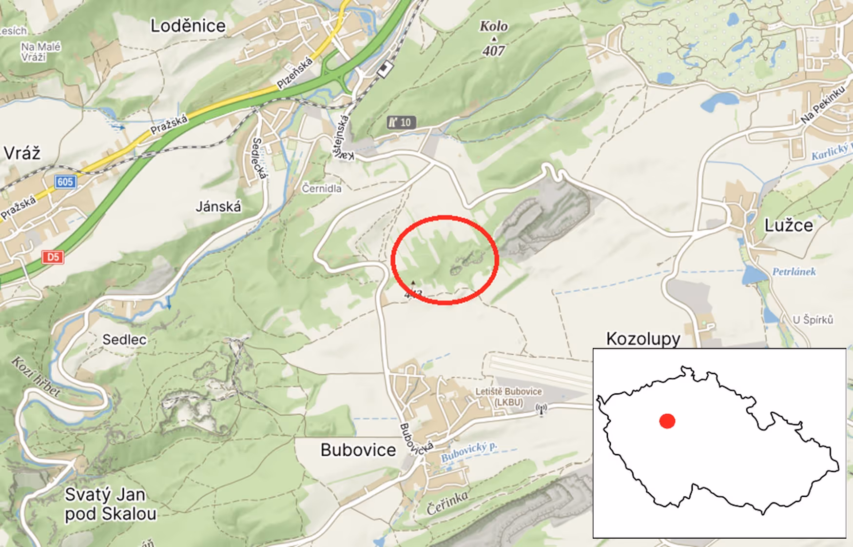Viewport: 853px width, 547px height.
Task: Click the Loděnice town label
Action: point(188,26)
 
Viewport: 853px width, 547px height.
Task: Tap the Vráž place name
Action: point(22,153)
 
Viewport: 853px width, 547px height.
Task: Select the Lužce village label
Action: point(788,225)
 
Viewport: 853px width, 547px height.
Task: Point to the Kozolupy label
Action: point(643,338)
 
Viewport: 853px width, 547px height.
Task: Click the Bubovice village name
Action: point(358,450)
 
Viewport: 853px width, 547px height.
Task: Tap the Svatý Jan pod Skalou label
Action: point(110,504)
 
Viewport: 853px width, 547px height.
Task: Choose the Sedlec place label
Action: point(124,340)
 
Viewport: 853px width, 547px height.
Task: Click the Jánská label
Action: point(218,207)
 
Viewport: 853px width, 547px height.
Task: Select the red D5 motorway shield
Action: point(53,257)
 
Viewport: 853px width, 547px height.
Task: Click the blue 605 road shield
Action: point(65,182)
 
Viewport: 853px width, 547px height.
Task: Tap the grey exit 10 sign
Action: point(401,122)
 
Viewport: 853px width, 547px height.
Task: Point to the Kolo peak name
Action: point(493,26)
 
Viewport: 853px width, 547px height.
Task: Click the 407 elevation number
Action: point(493,50)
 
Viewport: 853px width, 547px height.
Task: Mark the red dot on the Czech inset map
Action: point(667,421)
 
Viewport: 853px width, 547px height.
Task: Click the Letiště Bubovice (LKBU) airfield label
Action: point(508,397)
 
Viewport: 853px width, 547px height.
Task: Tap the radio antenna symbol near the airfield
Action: point(541,409)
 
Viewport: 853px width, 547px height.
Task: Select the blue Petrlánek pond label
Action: point(794,272)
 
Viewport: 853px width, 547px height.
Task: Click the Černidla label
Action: point(322,188)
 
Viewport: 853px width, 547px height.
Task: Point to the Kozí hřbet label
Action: point(36,376)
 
